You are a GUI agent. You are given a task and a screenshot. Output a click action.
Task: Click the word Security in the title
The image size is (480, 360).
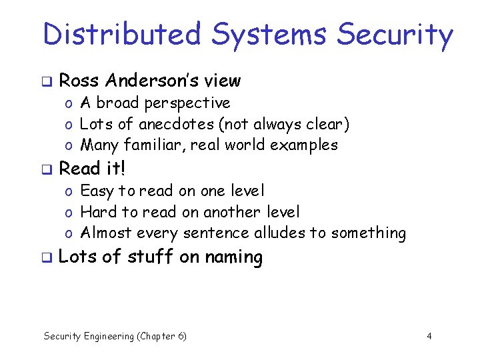click(x=395, y=35)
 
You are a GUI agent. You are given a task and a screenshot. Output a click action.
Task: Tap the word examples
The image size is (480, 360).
click(x=307, y=145)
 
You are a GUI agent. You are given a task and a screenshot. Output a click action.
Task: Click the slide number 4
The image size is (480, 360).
click(x=429, y=336)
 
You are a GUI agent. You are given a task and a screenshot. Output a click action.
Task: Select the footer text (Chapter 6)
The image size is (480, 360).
click(x=162, y=336)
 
